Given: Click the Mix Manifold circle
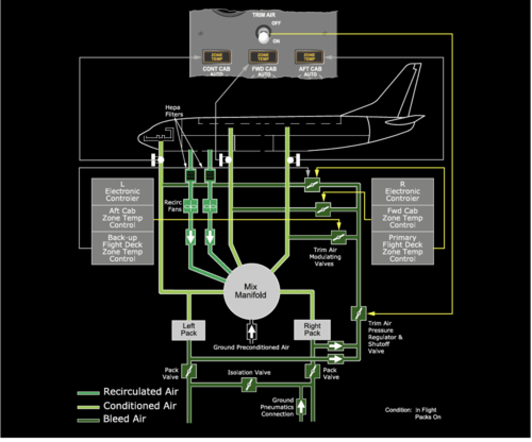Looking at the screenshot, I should click(251, 291).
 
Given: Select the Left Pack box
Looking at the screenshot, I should click(188, 330).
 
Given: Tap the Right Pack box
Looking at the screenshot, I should click(312, 330).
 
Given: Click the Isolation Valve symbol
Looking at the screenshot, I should click(248, 385).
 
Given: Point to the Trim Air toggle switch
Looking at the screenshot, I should click(263, 34).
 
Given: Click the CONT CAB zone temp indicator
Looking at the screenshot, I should click(217, 57).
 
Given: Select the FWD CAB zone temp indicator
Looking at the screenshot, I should click(263, 57).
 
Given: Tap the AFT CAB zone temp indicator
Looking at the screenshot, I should click(309, 57).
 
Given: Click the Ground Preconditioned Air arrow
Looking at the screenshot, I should click(251, 331).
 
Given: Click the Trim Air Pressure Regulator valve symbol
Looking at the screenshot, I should click(358, 314).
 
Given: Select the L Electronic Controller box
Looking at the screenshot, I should click(122, 191).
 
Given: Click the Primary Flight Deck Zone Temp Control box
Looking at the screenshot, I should click(402, 248).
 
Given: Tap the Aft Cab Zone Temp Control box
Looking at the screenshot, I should click(122, 218).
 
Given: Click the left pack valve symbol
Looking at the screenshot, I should click(189, 371).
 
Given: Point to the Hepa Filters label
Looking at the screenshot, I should click(173, 111).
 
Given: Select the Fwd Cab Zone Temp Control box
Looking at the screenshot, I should click(402, 218).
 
